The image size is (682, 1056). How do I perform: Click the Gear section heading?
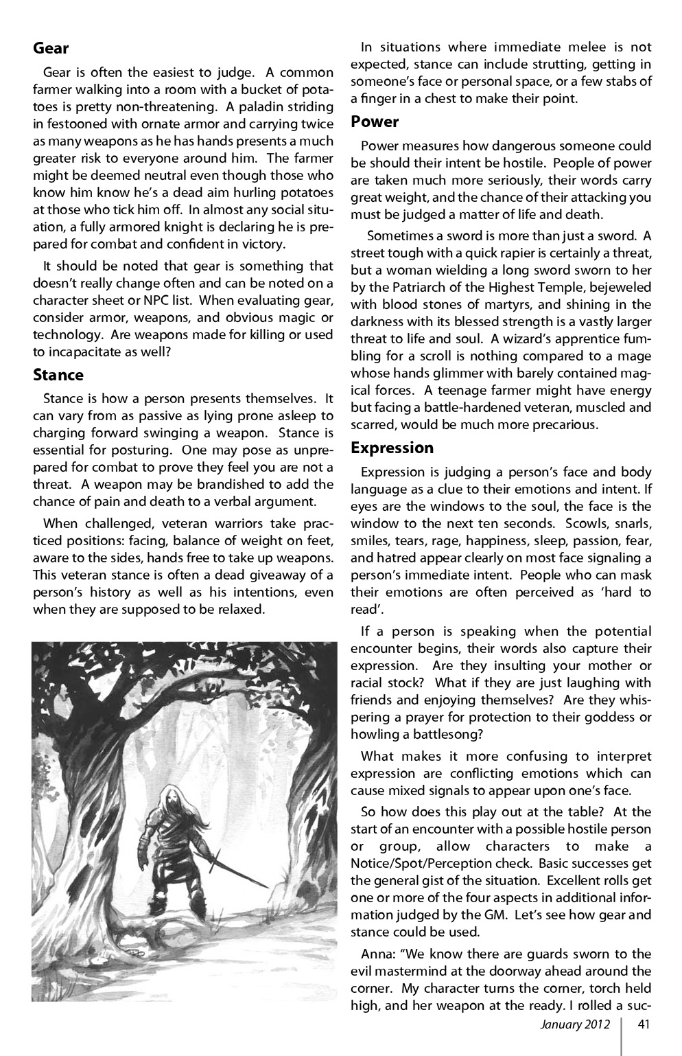point(51,48)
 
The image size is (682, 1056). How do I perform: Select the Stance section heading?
point(58,375)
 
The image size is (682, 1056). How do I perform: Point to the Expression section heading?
point(392,448)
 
